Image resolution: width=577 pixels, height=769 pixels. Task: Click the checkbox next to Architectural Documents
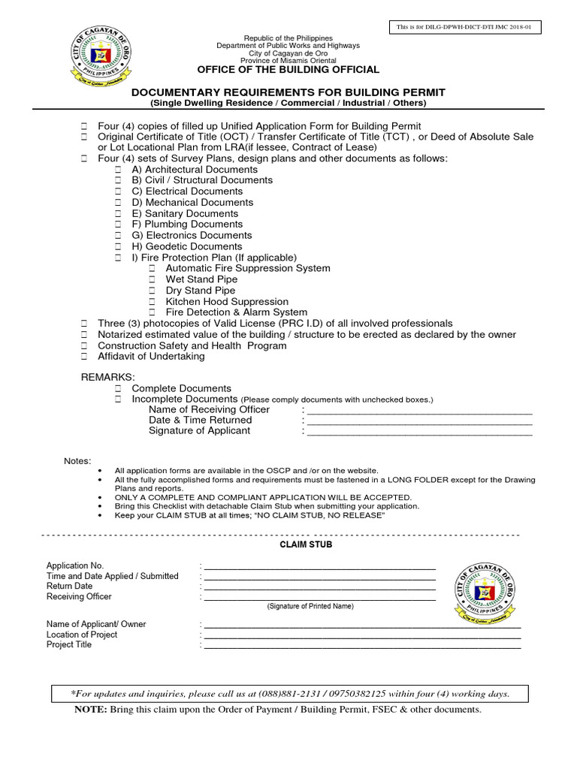point(118,170)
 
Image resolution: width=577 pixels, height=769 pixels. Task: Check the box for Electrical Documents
point(118,191)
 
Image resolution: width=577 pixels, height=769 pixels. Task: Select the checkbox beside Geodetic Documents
point(118,246)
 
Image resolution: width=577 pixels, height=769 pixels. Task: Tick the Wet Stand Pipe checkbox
point(152,279)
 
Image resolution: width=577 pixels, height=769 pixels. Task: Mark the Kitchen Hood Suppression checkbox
point(152,301)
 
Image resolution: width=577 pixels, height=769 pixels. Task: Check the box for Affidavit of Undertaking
point(84,356)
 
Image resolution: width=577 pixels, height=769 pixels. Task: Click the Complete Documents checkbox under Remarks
point(118,388)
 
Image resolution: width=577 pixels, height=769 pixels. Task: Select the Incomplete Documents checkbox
point(118,399)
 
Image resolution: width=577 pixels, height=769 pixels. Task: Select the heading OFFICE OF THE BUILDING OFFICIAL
point(288,70)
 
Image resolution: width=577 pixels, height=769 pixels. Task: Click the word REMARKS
point(108,375)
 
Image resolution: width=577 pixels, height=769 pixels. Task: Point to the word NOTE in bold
point(90,710)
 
